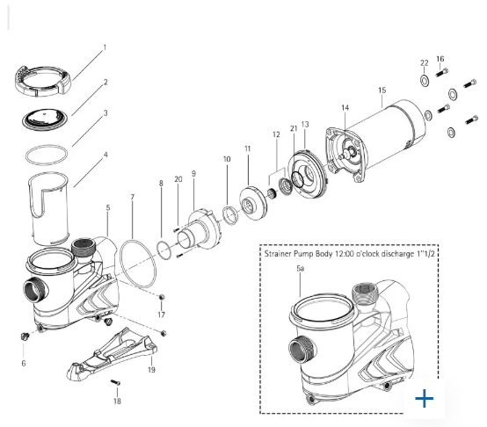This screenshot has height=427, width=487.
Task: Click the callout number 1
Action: coord(105,47)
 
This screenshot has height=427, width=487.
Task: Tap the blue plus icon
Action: coord(424,398)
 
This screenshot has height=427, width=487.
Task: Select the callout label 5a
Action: coord(300,269)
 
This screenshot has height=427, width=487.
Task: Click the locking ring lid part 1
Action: coord(43,80)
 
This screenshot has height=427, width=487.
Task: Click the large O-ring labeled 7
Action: coord(138,264)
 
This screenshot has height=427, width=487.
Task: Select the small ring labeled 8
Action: coord(164,250)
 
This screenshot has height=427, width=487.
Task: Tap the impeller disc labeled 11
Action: coord(254,203)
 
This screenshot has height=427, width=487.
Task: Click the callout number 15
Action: coord(382,90)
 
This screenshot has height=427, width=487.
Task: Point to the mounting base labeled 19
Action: coord(112,354)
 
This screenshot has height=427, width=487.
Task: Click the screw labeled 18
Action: coord(115,382)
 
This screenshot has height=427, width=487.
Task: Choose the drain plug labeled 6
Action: coord(25,337)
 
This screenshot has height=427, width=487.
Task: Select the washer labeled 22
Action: coord(425,81)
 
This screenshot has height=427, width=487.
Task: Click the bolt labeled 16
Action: coord(442,73)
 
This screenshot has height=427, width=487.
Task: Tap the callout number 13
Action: coord(305,125)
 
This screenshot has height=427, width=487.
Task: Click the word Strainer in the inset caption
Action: coord(277,254)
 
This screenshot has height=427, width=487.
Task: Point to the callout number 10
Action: coord(227,159)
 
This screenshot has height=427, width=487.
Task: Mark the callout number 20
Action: coord(178,179)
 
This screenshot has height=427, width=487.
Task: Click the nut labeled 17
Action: coord(161,298)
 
